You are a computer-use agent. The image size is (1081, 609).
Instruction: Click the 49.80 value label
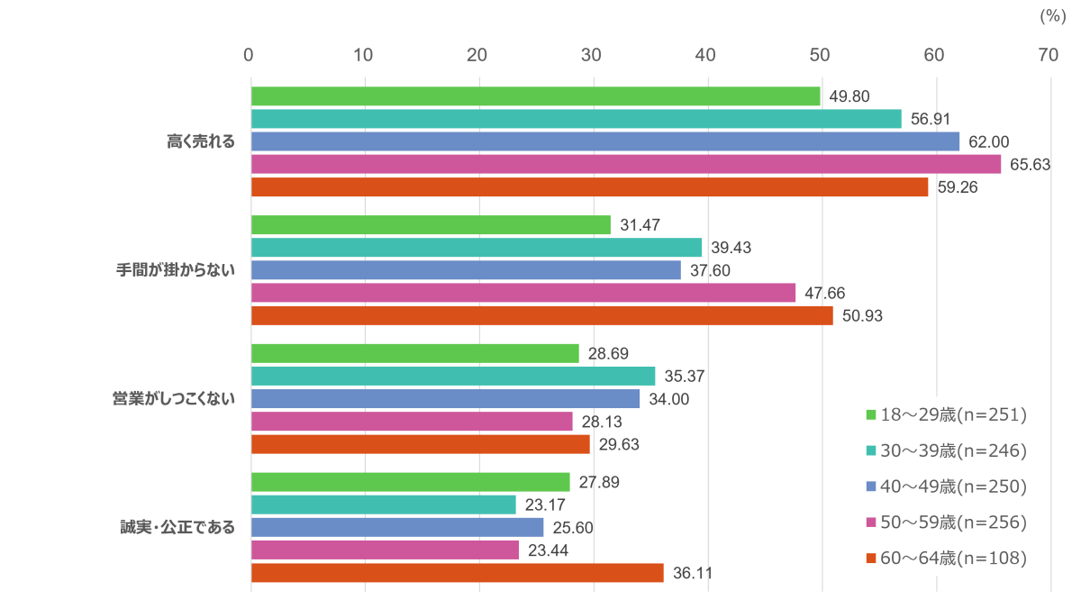pyautogui.click(x=849, y=96)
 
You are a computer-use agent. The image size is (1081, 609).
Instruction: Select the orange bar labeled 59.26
pyautogui.click(x=590, y=187)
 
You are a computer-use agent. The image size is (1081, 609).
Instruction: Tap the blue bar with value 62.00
pyautogui.click(x=605, y=141)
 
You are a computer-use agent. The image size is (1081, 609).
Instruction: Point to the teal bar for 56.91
pyautogui.click(x=577, y=119)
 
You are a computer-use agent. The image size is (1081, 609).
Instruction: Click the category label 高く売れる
pyautogui.click(x=201, y=141)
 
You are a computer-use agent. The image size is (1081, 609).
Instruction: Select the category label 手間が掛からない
pyautogui.click(x=176, y=269)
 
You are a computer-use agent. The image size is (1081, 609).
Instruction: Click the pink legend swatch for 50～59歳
pyautogui.click(x=871, y=523)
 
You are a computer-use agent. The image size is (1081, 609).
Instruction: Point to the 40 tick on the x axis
pyautogui.click(x=705, y=56)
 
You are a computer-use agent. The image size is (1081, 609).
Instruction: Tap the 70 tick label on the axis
pyautogui.click(x=1048, y=56)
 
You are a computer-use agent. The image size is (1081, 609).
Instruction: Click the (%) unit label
pyautogui.click(x=1052, y=16)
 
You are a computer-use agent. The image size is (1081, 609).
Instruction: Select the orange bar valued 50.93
pyautogui.click(x=542, y=315)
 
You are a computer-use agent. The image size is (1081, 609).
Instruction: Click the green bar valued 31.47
pyautogui.click(x=431, y=225)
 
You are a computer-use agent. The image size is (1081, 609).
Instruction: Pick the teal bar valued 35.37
pyautogui.click(x=453, y=376)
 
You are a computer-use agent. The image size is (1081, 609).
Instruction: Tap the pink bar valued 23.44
pyautogui.click(x=386, y=550)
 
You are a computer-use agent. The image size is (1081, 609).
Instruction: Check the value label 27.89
pyautogui.click(x=599, y=482)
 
